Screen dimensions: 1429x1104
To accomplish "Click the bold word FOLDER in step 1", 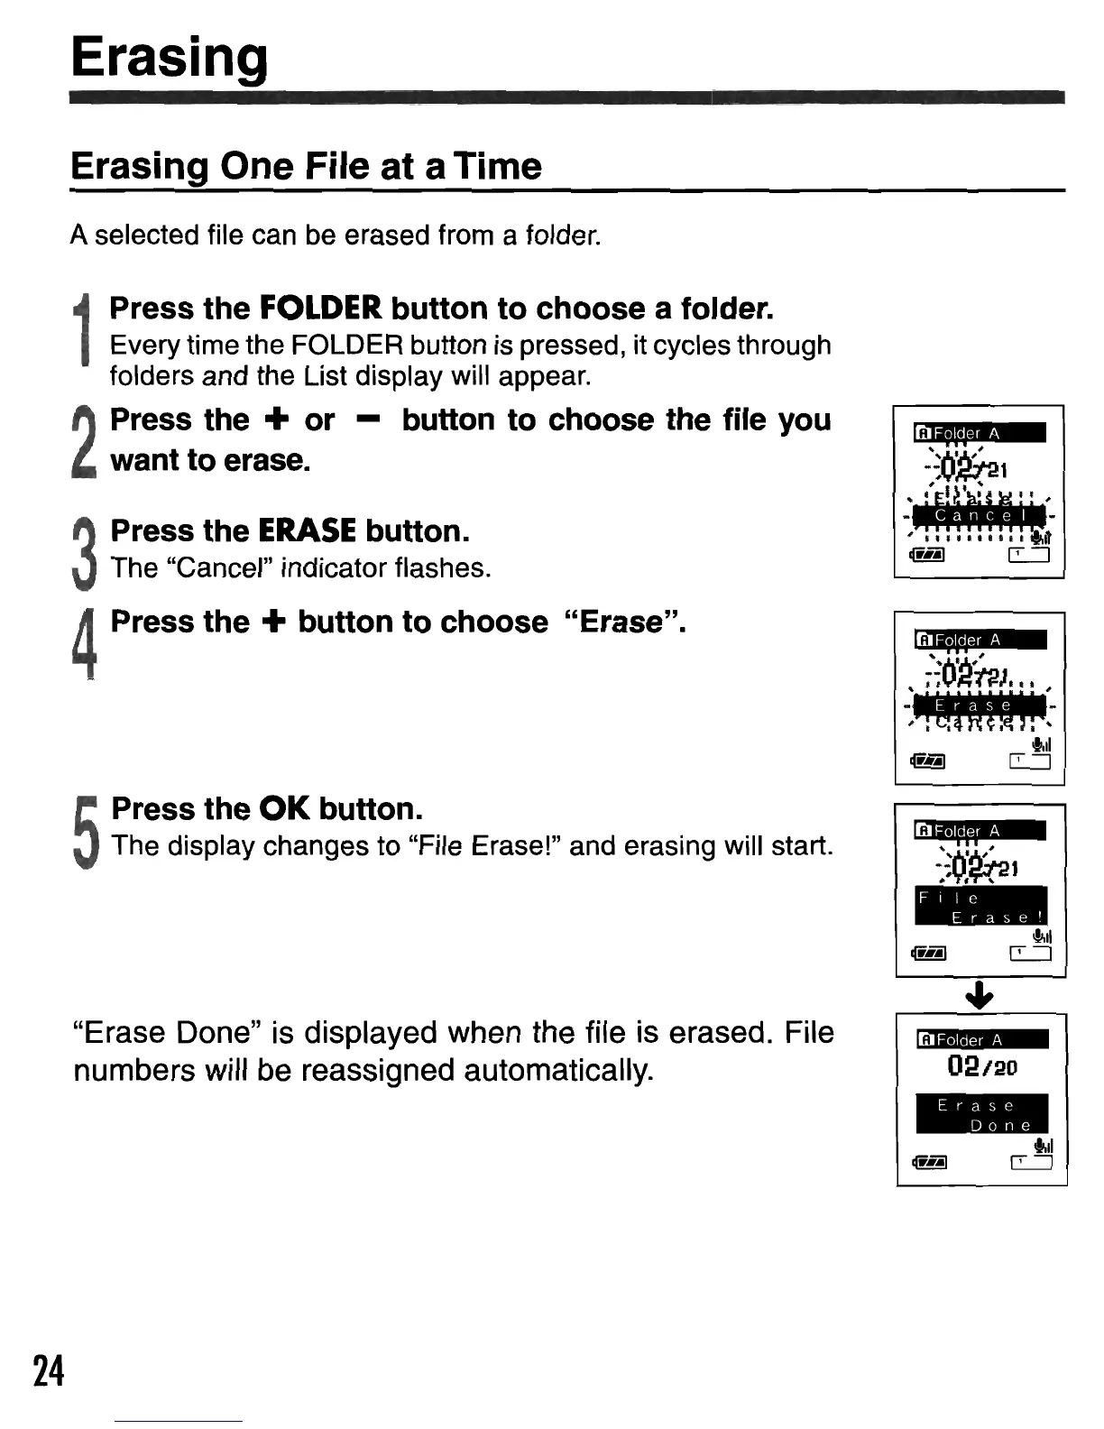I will pyautogui.click(x=320, y=309).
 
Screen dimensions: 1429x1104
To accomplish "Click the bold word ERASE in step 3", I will pyautogui.click(x=307, y=530).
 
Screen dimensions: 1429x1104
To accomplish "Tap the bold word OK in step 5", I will pyautogui.click(x=285, y=808).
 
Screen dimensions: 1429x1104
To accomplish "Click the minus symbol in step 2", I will pyautogui.click(x=367, y=419).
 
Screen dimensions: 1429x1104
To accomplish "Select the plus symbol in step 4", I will pyautogui.click(x=273, y=622).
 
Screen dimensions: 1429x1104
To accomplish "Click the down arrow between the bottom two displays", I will pyautogui.click(x=980, y=995).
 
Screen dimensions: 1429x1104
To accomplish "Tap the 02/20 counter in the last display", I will pyautogui.click(x=981, y=1066).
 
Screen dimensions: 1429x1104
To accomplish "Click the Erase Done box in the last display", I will pyautogui.click(x=981, y=1114).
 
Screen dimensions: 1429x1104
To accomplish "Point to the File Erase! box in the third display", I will pyautogui.click(x=980, y=906).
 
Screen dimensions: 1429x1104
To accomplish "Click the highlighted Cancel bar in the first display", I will pyautogui.click(x=979, y=515).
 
